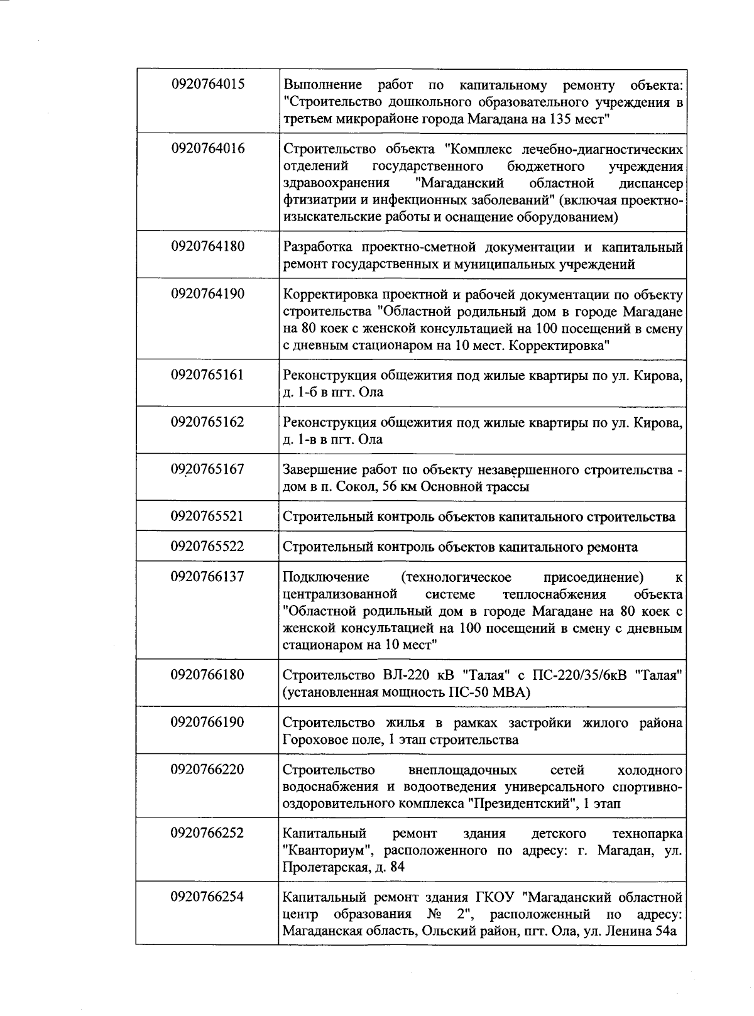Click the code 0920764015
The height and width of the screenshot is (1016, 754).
pyautogui.click(x=207, y=84)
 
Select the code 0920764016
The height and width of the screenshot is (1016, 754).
pyautogui.click(x=207, y=148)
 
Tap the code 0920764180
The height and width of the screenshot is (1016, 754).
pyautogui.click(x=207, y=246)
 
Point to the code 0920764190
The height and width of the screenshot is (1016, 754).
pyautogui.click(x=207, y=293)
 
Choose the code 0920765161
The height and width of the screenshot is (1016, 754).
pyautogui.click(x=207, y=374)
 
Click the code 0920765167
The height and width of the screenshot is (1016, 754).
pyautogui.click(x=207, y=469)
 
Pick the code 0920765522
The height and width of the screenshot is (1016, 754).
pyautogui.click(x=207, y=546)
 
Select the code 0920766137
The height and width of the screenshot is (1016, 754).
pyautogui.click(x=207, y=576)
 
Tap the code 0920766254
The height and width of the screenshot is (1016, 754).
pyautogui.click(x=207, y=897)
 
